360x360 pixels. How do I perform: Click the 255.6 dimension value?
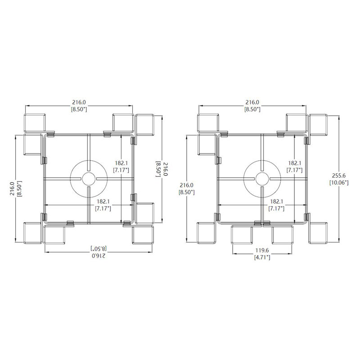(339, 175)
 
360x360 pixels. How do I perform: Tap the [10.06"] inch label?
(339, 183)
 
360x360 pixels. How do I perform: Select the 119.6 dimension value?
(262, 250)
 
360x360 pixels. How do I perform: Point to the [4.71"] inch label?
(262, 257)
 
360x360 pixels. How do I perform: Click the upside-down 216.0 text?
(99, 256)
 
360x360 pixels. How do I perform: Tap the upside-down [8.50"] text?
(99, 248)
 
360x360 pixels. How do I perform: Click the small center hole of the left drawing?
(89, 179)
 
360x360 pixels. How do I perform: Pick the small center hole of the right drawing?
(262, 179)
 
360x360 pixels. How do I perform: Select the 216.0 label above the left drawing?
(79, 102)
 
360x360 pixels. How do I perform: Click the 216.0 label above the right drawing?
(252, 102)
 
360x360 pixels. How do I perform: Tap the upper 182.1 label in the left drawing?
(121, 163)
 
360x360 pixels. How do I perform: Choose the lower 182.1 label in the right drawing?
(276, 201)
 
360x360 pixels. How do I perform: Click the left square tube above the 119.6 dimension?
(242, 234)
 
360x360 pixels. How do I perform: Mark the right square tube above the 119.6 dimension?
(283, 234)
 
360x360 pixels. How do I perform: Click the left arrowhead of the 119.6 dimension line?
(234, 254)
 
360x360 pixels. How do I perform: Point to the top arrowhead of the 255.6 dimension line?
(339, 117)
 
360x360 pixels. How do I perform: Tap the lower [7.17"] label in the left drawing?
(103, 208)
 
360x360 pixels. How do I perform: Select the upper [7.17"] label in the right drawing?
(295, 170)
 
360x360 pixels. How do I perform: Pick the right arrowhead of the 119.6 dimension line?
(290, 254)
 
